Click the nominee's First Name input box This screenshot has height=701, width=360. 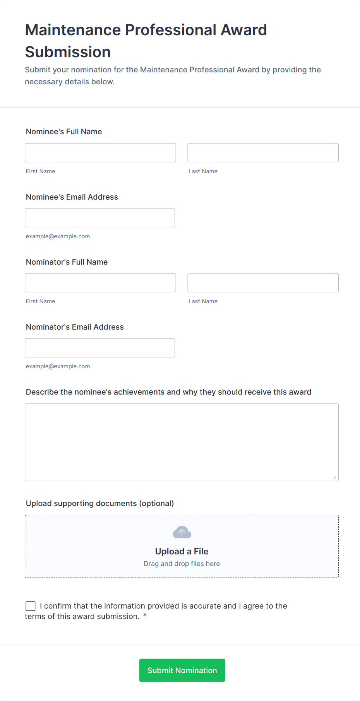tap(100, 153)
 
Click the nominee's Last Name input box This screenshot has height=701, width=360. tap(263, 153)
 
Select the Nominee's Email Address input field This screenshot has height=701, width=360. tap(100, 218)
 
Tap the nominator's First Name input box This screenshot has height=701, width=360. tap(100, 283)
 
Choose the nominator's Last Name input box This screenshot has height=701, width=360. tap(263, 283)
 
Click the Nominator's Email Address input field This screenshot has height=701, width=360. tap(100, 348)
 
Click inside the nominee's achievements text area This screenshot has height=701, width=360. tap(182, 442)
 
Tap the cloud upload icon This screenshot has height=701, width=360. tap(182, 532)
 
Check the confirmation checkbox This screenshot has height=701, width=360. tap(31, 606)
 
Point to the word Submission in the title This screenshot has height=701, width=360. tap(68, 52)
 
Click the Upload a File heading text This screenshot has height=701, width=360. tap(182, 551)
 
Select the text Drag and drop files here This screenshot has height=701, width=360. tap(182, 564)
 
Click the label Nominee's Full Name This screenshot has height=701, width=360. tap(64, 132)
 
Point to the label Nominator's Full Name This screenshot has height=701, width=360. tap(67, 262)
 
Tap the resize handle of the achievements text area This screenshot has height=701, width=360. tap(334, 477)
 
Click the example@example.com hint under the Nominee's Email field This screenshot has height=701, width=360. tap(58, 236)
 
